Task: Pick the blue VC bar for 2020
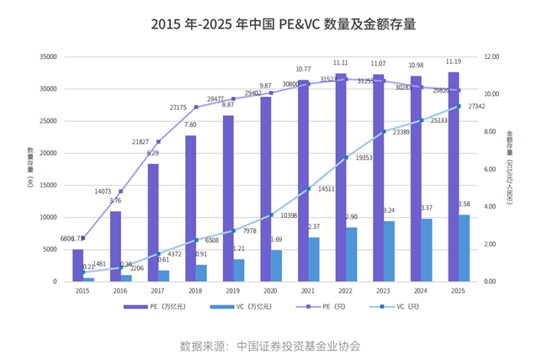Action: pos(277,266)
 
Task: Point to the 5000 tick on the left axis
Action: pos(49,250)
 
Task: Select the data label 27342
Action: pos(477,107)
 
